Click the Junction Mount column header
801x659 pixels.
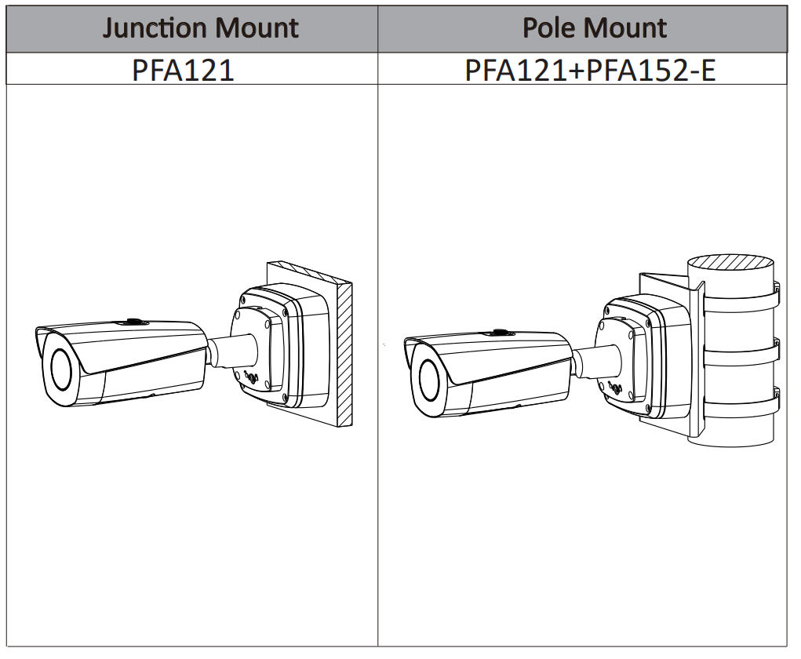click(201, 29)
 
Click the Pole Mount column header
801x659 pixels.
click(594, 29)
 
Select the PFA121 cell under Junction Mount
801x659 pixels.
click(183, 69)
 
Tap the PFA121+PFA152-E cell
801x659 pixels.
click(590, 69)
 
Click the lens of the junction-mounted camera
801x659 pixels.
click(61, 365)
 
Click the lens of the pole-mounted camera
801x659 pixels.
click(429, 380)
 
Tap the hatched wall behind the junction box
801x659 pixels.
click(343, 353)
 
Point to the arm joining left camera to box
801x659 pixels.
click(231, 350)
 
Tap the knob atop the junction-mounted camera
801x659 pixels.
click(131, 321)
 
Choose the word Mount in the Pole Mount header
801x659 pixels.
click(628, 29)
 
